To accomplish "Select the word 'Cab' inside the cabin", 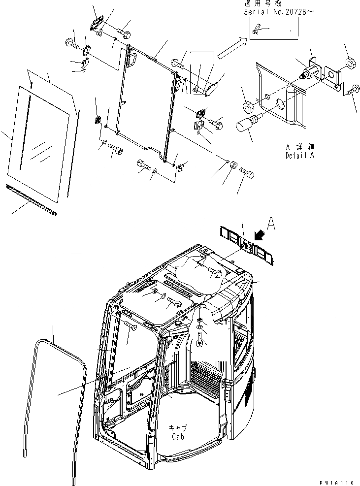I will click(x=178, y=436).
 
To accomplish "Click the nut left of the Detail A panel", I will click(x=248, y=105).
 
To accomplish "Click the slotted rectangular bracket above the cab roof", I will click(x=245, y=244).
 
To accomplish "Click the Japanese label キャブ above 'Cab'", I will click(x=178, y=428).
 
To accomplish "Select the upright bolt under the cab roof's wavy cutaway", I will click(x=200, y=340).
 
